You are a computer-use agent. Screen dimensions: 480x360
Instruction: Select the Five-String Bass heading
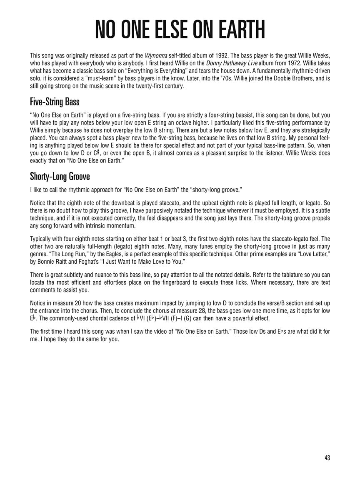55,101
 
